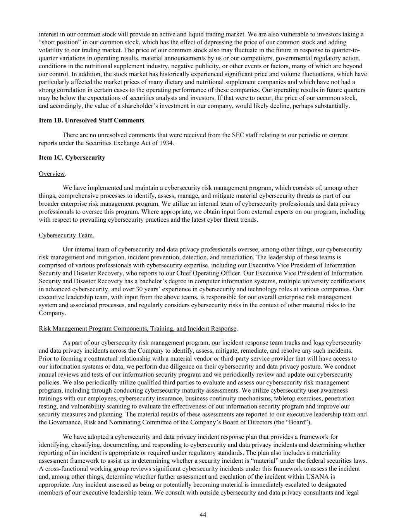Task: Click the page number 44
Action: pos(203,514)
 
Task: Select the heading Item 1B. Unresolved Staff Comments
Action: pos(91,121)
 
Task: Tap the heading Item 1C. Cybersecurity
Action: pos(72,158)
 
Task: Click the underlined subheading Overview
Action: pos(52,174)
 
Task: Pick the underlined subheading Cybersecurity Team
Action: pos(66,235)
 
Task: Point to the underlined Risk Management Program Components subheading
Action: pos(138,329)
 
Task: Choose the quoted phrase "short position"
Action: pos(58,42)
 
